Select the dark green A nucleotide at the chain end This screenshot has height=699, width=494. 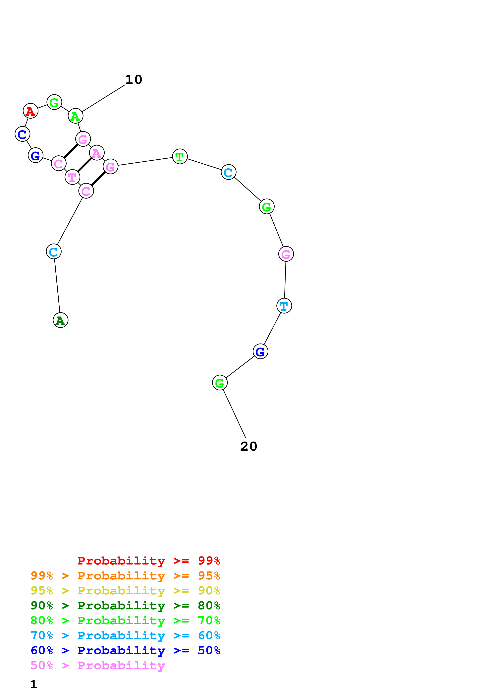click(x=61, y=320)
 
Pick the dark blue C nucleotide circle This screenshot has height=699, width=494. click(x=23, y=134)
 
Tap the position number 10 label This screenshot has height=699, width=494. click(x=134, y=80)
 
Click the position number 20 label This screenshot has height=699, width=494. click(x=249, y=447)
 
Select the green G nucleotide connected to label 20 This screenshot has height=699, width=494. click(x=220, y=383)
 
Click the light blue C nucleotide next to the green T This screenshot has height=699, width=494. click(x=229, y=172)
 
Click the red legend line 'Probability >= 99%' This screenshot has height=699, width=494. click(x=148, y=561)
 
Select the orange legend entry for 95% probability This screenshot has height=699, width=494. click(x=125, y=575)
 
